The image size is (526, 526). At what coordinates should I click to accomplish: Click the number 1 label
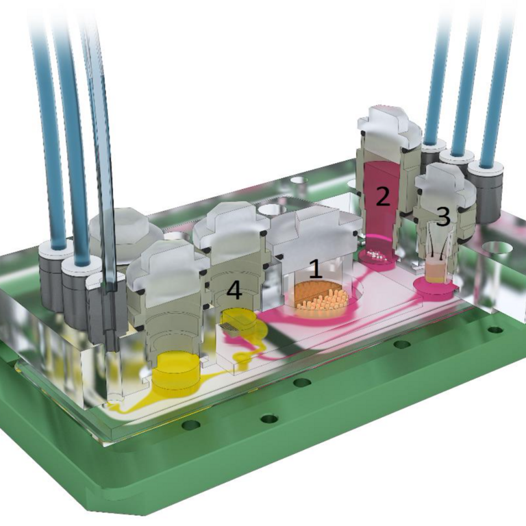315,268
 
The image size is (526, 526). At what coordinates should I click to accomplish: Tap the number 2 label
382,196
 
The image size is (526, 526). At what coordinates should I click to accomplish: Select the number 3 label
443,217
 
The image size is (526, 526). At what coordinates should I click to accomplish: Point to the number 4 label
234,290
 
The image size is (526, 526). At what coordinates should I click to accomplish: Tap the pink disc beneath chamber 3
435,287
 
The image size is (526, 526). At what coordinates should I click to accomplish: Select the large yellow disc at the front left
175,373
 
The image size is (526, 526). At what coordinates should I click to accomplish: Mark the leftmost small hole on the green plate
191,425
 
